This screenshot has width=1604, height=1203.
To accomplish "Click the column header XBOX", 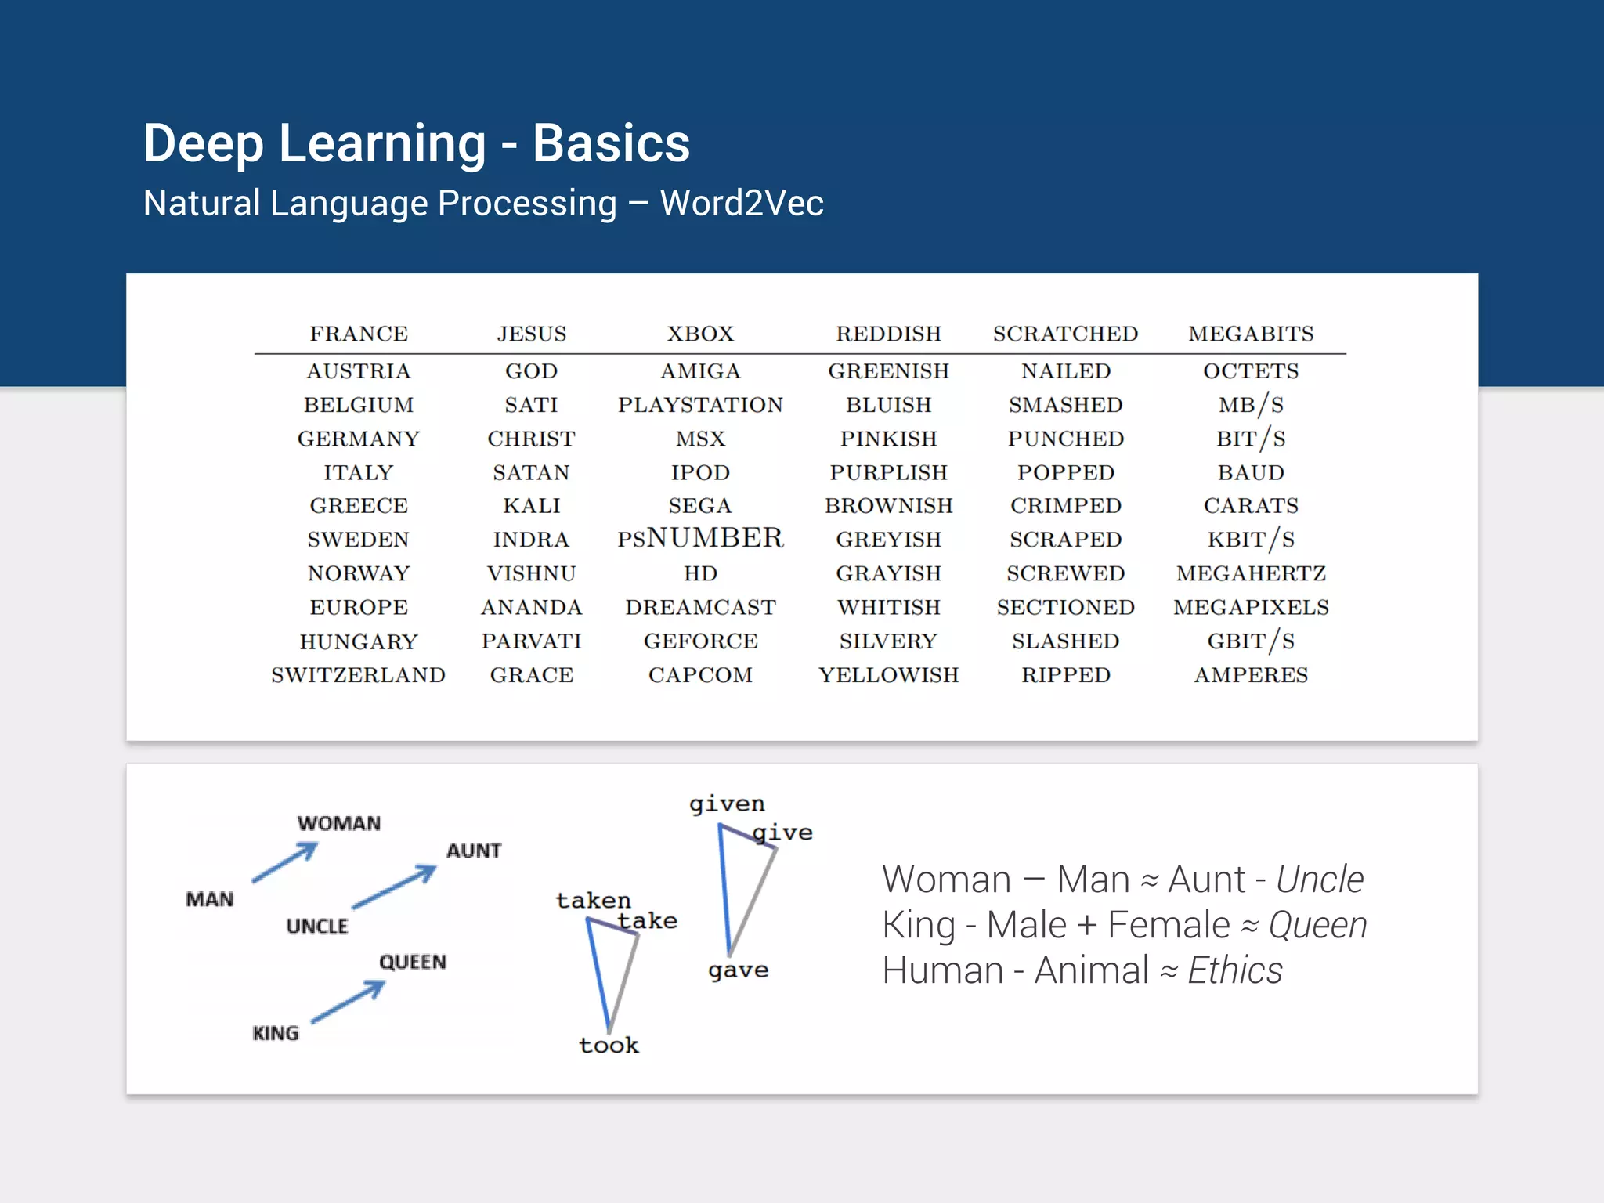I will (x=700, y=334).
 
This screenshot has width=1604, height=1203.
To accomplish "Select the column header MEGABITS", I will (x=1251, y=334).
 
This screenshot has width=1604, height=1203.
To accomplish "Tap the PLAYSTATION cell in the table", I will (x=700, y=405).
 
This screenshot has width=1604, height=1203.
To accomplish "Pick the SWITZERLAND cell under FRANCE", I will (x=358, y=675).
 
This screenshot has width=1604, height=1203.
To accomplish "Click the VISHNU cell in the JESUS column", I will (x=531, y=573).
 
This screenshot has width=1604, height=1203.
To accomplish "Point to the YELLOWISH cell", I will (x=888, y=675).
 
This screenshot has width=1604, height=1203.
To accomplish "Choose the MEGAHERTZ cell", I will (x=1251, y=573).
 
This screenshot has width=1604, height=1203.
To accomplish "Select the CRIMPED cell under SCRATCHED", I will (x=1065, y=506).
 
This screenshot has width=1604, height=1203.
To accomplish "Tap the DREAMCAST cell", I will (x=700, y=607).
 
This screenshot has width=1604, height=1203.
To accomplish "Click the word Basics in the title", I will (x=611, y=143).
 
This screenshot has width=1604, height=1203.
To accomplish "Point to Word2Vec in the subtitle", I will (x=742, y=203).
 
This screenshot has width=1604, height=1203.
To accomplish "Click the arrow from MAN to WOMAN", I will (x=285, y=862).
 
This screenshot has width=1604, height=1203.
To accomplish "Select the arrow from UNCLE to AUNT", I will (x=394, y=887).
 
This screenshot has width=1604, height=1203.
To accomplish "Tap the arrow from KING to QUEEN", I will (x=349, y=1002).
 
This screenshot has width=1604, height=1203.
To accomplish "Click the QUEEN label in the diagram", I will (x=413, y=962).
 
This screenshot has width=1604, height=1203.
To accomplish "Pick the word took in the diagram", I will (x=609, y=1045).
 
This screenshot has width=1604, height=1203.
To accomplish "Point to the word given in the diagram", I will (x=727, y=804).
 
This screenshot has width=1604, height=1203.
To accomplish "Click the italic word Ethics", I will (x=1235, y=970).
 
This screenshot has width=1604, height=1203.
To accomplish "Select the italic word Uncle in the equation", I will (x=1320, y=880).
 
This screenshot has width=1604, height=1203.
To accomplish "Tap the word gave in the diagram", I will (x=738, y=970).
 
